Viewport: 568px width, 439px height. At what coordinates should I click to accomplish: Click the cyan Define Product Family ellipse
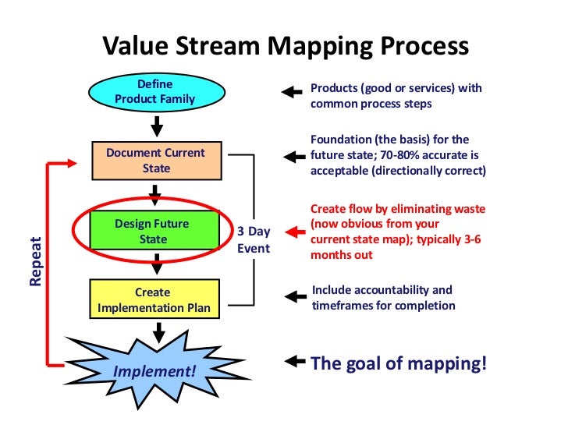click(154, 92)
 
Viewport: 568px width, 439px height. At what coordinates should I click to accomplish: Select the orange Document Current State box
click(156, 160)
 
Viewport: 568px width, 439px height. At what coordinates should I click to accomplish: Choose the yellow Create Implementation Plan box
click(153, 300)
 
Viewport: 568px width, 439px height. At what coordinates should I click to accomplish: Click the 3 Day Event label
click(253, 240)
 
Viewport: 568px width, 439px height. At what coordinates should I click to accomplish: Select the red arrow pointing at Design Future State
click(294, 232)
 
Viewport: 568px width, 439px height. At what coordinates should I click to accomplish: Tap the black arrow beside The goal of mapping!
click(294, 361)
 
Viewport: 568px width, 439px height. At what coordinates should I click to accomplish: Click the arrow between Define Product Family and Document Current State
click(156, 125)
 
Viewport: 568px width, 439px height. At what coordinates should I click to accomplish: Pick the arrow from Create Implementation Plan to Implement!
click(158, 333)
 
